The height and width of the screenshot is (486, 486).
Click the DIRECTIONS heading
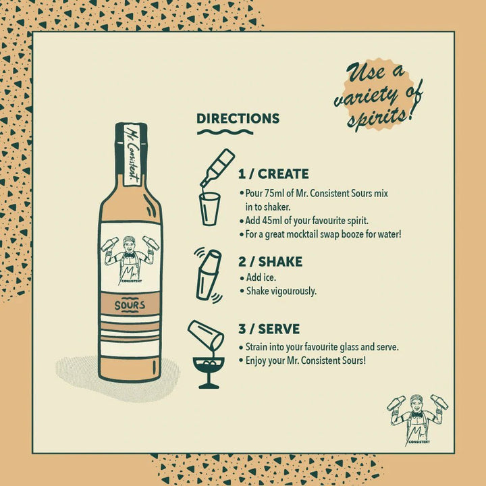point(238,119)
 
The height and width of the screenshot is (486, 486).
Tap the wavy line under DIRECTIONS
point(225,132)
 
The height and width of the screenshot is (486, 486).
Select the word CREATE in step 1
point(283,174)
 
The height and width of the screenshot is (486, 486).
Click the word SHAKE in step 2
point(280,262)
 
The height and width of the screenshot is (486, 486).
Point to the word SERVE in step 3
point(279,329)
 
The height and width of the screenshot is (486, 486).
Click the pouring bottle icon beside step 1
point(217,169)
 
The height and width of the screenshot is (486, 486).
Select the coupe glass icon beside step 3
point(209,372)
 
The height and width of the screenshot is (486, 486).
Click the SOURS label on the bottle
point(130,305)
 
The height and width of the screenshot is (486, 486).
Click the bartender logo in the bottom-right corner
point(418,420)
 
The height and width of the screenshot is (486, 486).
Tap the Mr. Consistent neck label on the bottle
point(132,154)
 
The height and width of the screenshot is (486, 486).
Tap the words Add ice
point(261,277)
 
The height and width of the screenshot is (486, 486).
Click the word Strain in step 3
point(256,347)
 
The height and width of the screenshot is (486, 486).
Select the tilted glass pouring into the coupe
point(206,335)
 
